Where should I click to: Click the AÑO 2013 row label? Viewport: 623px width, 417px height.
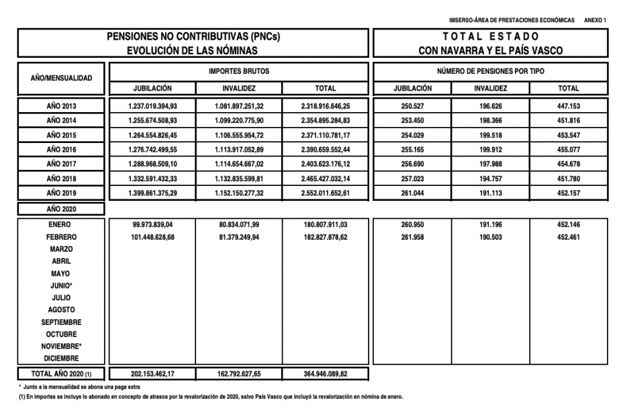[62, 106]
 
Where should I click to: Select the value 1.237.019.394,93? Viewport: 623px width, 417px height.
[152, 106]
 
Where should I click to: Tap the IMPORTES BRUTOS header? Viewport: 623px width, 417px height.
[238, 71]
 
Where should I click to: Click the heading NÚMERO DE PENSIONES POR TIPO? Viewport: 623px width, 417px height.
[490, 71]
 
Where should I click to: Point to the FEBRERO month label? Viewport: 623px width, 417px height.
[62, 237]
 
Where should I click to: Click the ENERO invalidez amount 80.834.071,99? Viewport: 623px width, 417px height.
[238, 224]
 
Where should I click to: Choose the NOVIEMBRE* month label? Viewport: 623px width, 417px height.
[62, 346]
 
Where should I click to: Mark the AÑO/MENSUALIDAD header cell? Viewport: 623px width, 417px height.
[62, 79]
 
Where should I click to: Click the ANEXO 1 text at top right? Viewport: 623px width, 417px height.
[595, 20]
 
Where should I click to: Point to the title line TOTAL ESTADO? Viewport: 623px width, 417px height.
[490, 36]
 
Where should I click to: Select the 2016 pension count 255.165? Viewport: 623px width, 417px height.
[412, 149]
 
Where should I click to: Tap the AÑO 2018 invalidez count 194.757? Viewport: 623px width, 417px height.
[490, 179]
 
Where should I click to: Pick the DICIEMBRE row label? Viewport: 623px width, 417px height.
[62, 359]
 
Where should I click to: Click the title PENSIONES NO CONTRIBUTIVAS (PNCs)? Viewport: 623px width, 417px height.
[193, 36]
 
